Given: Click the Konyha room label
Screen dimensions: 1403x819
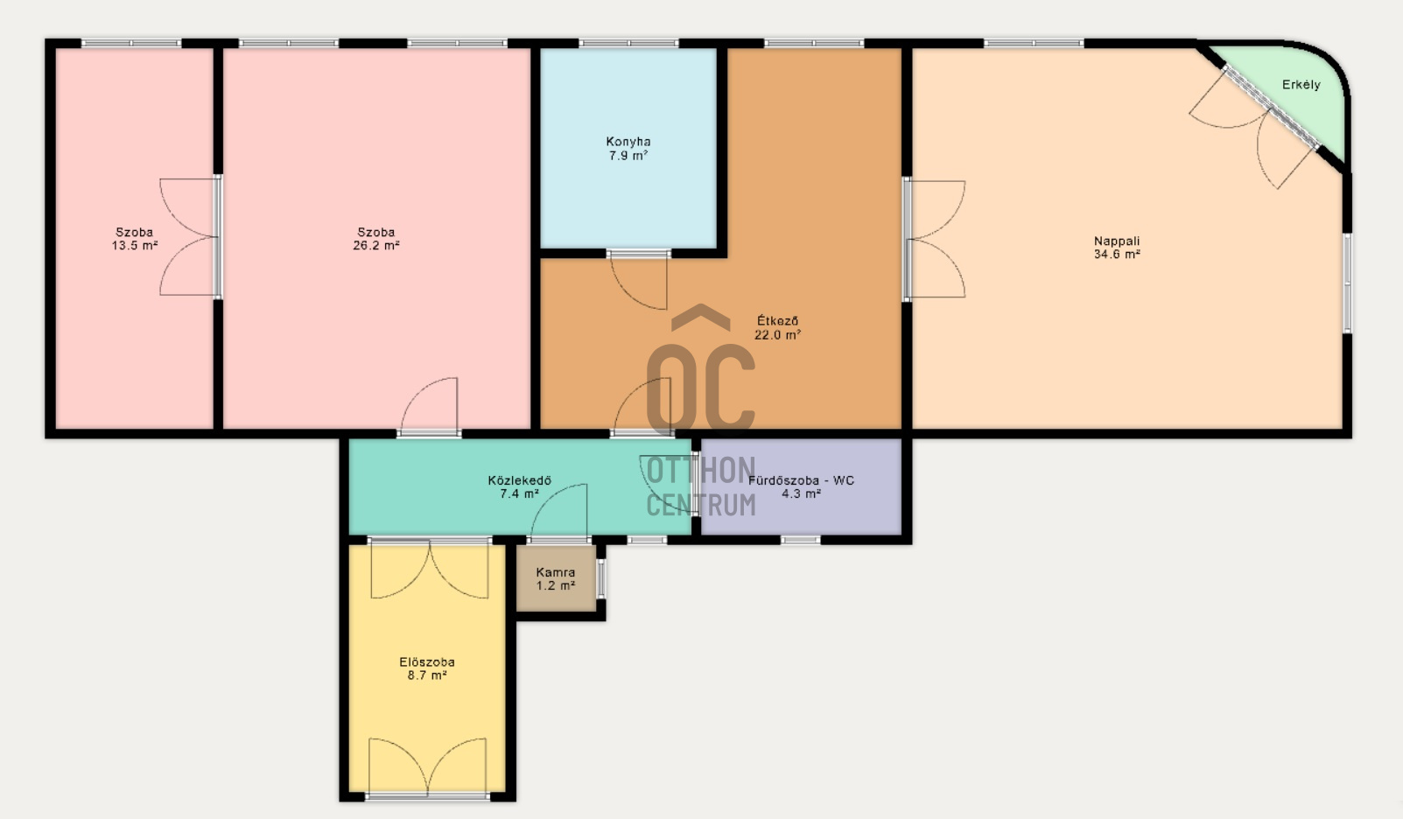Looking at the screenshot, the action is pos(628,142).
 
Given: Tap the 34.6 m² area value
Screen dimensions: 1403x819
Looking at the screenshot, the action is pos(1117,255).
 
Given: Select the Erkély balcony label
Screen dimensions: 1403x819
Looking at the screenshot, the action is pos(1301,85).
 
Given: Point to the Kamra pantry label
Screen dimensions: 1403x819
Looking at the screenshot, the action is pos(556,572).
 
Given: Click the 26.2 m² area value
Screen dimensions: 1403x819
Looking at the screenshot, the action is pos(375,246).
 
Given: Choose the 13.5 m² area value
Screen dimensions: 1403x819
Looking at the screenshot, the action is pos(135,246).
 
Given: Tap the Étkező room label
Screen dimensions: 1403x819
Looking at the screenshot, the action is pos(777,320).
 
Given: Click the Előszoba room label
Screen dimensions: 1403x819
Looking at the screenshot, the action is pos(427,661).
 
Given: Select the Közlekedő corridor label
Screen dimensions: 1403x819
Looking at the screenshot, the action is pos(519,480).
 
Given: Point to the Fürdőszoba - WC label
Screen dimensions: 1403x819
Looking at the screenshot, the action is pos(801,480).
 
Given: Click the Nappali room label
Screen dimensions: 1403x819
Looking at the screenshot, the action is pos(1117,241).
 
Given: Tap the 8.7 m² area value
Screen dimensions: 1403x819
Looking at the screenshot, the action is pos(427,675).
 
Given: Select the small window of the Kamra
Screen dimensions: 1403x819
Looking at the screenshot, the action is pos(601,578).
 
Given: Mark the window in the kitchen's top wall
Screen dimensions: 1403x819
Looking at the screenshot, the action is pos(628,43).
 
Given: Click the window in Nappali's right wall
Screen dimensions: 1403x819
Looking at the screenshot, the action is pos(1347,283).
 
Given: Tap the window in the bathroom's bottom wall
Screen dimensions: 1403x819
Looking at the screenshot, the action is pos(801,540).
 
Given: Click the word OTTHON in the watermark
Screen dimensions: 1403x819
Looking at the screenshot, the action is pos(701,470).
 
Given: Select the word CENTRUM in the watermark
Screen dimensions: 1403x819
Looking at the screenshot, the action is pos(701,505).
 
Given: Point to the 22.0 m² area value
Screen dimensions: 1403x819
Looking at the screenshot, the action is pos(777,334).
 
